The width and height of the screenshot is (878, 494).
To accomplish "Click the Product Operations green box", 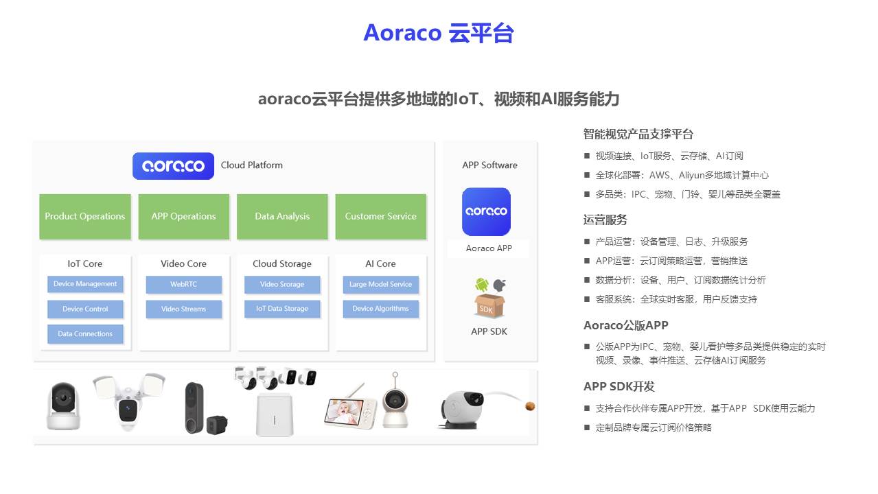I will point(85,217).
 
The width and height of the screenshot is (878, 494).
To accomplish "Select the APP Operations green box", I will point(183,217).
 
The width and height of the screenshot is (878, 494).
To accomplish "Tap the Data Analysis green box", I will point(282,217).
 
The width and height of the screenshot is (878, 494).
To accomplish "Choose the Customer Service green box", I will point(380,217).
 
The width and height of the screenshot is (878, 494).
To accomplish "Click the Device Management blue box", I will point(85,284).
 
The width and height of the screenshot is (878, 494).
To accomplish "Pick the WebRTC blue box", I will point(183,285).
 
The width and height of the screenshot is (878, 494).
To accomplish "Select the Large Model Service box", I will point(380,285).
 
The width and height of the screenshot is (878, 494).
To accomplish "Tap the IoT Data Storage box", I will point(282,309).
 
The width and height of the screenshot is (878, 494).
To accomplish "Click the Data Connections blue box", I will point(85,334).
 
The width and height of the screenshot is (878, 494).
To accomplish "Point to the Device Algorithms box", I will point(380,309).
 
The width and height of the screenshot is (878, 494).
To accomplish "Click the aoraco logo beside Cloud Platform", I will point(173,166).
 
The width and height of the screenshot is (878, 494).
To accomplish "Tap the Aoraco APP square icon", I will point(486,212).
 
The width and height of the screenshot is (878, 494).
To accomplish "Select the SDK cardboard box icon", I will point(489,305).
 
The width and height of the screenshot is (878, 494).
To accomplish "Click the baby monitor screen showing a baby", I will point(349,410).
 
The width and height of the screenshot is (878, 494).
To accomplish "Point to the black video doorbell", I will point(195,408).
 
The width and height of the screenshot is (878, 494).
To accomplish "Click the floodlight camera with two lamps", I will point(128,401).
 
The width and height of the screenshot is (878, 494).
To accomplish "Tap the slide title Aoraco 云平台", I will point(439,33).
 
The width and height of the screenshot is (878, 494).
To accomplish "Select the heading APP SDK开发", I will point(619,386).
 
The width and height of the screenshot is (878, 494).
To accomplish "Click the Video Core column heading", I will point(183,263).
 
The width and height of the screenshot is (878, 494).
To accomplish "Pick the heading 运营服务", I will point(605,220).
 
